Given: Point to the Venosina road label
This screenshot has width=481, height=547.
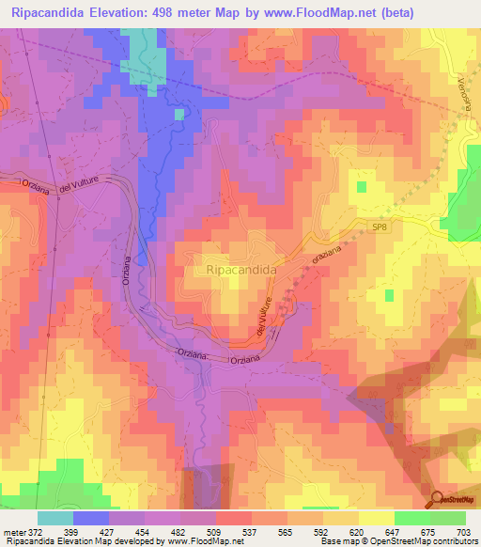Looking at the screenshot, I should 464,93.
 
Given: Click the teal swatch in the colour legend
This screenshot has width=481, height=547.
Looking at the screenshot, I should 55,518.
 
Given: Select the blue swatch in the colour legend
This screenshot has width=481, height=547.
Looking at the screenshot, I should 91,518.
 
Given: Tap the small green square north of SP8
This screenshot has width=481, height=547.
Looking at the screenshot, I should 360,186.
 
